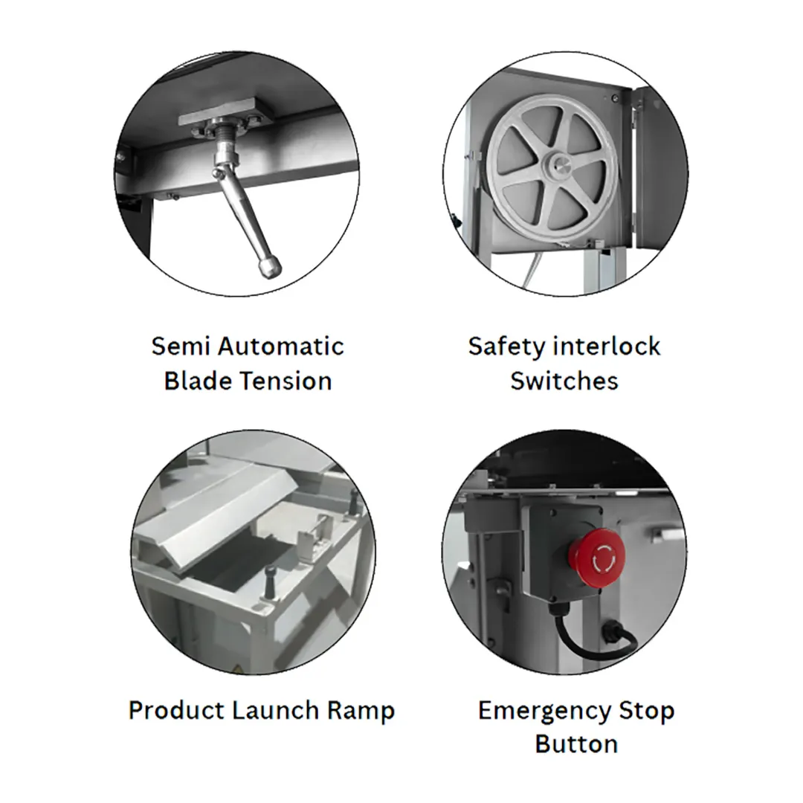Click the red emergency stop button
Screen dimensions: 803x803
point(596,558)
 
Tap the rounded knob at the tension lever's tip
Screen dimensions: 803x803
point(270,267)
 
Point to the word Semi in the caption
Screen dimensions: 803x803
point(181,346)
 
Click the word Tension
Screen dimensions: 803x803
point(287,381)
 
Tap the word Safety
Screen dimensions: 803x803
point(507,347)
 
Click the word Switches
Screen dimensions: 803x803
point(564,381)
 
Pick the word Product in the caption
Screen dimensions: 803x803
point(176,710)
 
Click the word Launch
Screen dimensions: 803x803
point(276,710)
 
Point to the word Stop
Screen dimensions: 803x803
point(647,712)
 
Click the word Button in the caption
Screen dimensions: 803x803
point(576,744)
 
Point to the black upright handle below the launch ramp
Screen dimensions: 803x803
point(271,581)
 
